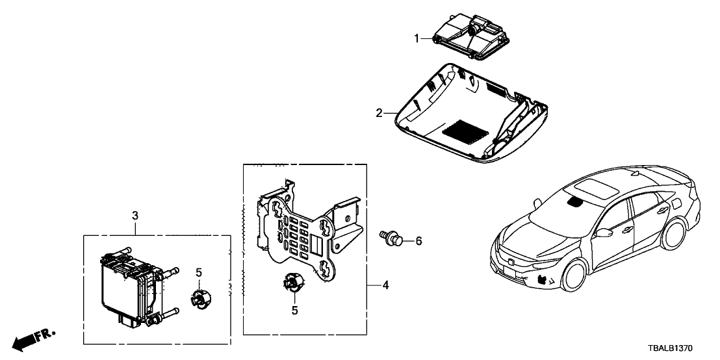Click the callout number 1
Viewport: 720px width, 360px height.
(x=417, y=38)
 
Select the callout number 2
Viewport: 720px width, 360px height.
(x=378, y=113)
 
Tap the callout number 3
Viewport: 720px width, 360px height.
(x=135, y=215)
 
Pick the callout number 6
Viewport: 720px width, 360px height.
(x=419, y=241)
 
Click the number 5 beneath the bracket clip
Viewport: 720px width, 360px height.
(x=294, y=311)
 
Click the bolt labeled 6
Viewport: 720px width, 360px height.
(x=391, y=237)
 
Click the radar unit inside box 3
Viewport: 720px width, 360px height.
(x=130, y=286)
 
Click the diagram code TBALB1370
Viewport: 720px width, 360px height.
(x=681, y=348)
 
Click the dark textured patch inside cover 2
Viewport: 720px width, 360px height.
(x=466, y=129)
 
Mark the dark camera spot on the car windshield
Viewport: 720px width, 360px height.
(x=575, y=201)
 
